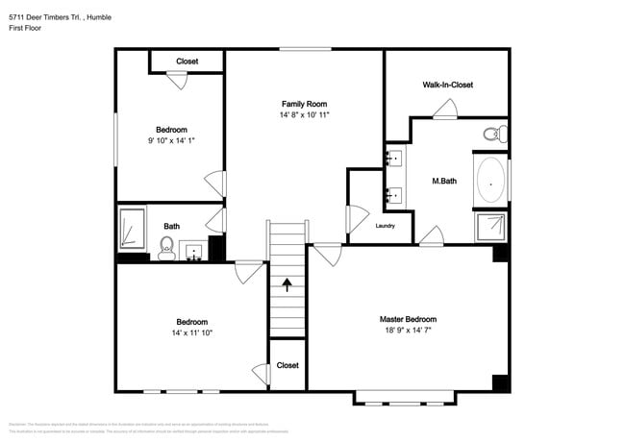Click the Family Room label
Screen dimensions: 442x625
tap(304, 104)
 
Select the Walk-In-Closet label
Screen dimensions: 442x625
tap(447, 85)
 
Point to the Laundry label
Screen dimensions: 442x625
tap(386, 226)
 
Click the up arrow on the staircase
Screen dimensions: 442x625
tap(286, 284)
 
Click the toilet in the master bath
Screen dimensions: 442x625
tap(494, 134)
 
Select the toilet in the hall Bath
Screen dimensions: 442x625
tap(166, 250)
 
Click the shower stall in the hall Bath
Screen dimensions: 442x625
tap(132, 228)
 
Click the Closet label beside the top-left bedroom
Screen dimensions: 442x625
tap(187, 61)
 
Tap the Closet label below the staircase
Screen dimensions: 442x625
tap(287, 365)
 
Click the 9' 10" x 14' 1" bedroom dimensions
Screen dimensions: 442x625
tap(171, 141)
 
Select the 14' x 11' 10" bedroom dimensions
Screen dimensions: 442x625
tap(190, 333)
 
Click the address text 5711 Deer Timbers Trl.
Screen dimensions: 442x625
tap(44, 15)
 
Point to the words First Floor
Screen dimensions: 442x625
tap(26, 29)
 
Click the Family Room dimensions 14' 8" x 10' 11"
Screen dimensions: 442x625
tap(304, 115)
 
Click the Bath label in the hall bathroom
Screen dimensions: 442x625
tap(171, 227)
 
